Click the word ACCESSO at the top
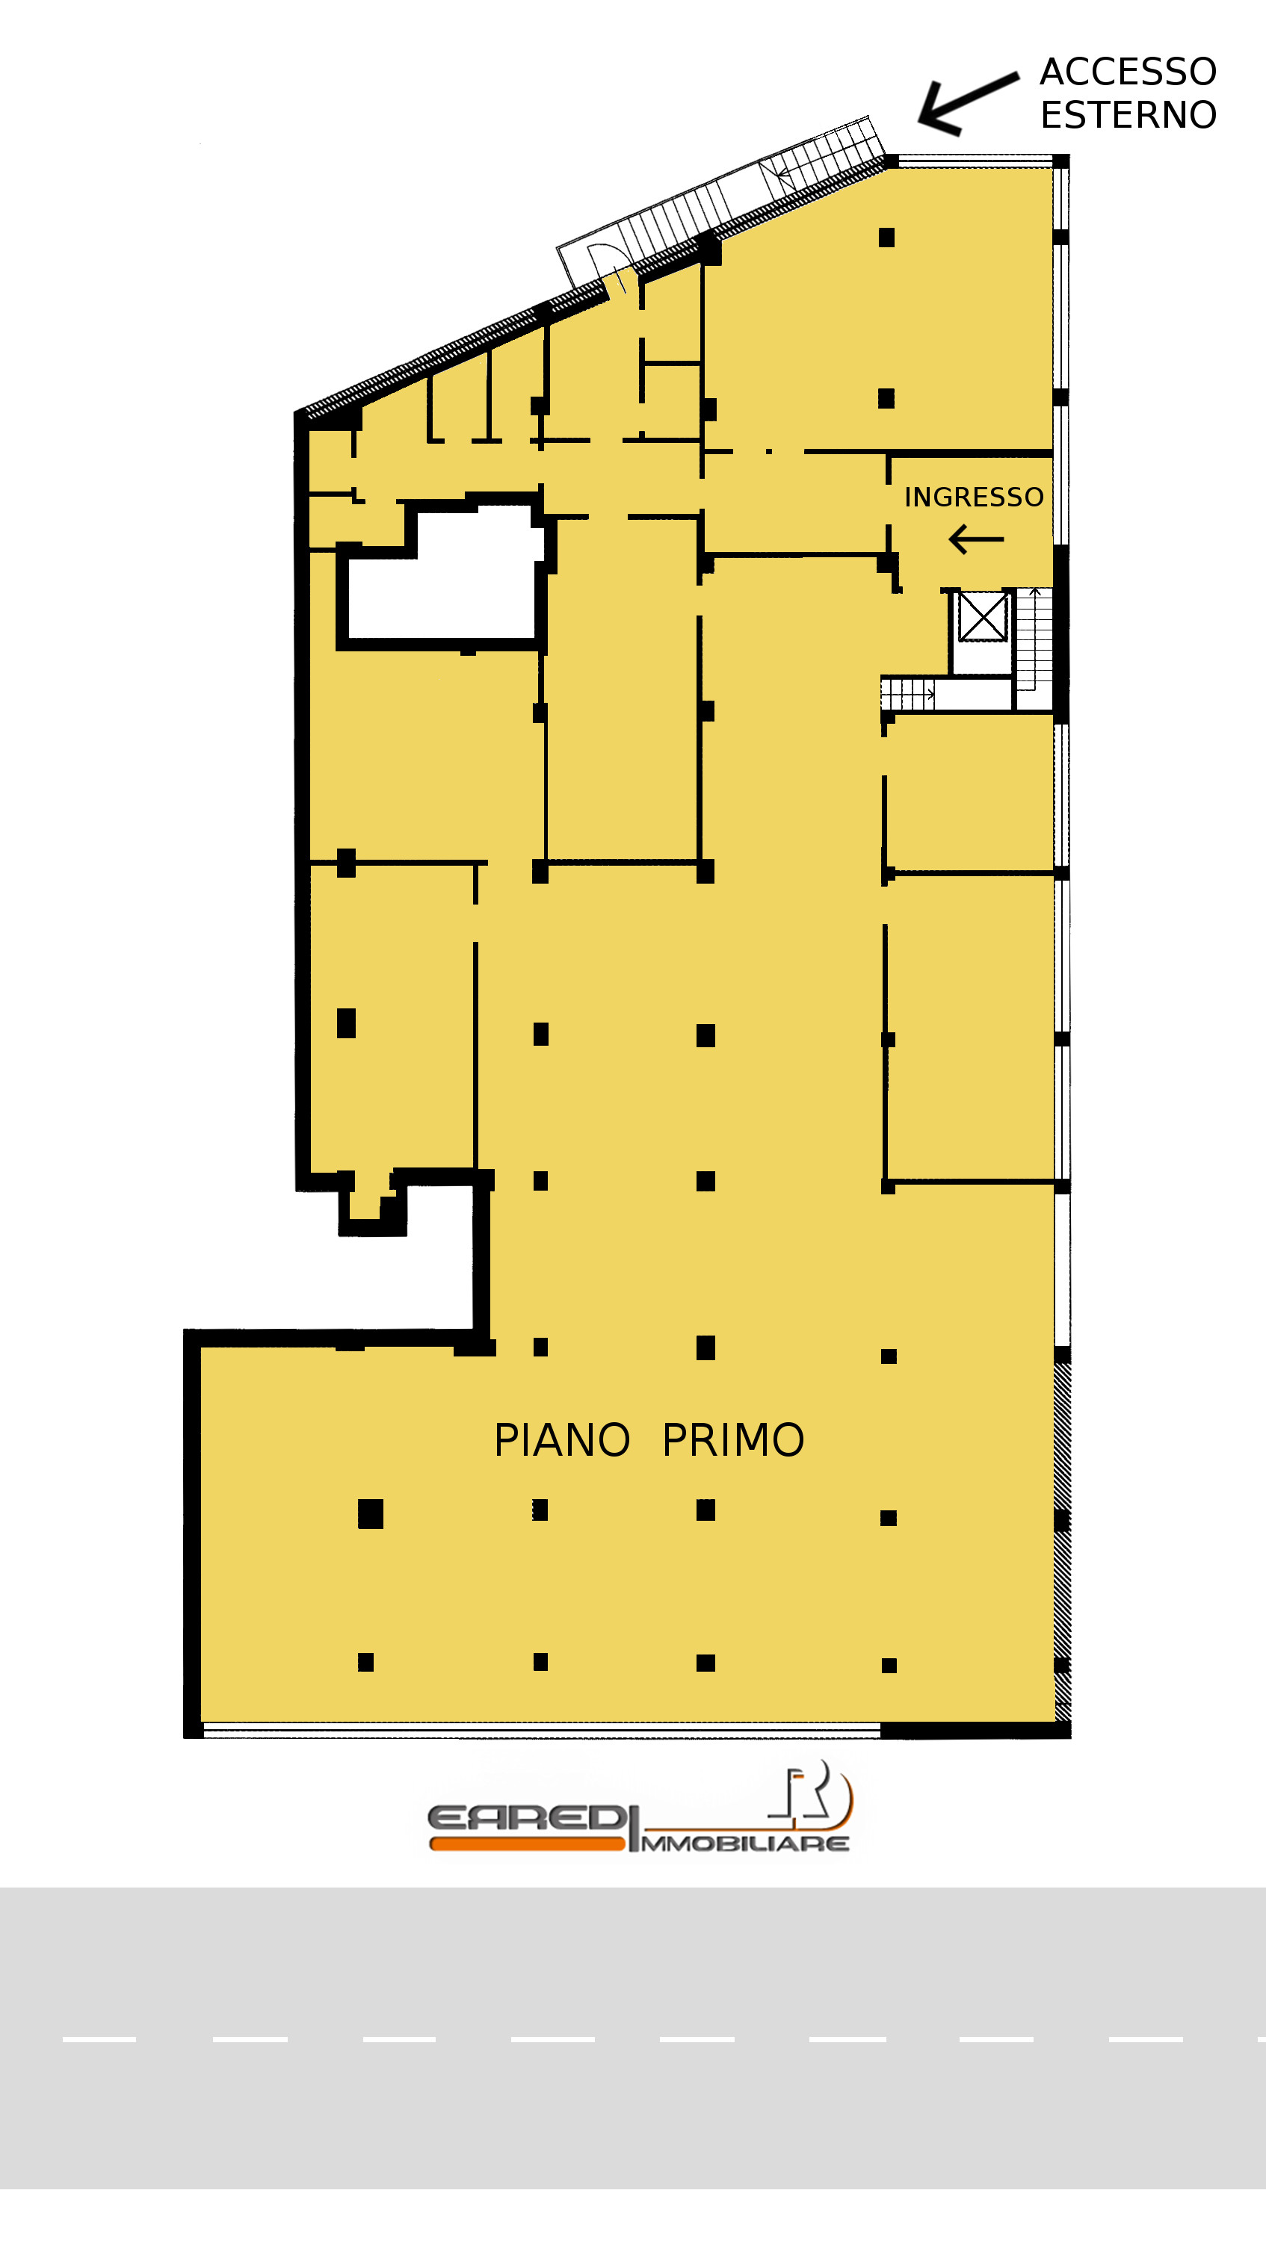(1128, 71)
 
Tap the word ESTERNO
(1128, 114)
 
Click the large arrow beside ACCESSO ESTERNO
(967, 104)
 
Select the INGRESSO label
(974, 497)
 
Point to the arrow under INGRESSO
(976, 539)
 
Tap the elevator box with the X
(982, 617)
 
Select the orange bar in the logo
(528, 1843)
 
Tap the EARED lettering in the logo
(525, 1817)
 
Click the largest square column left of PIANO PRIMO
(370, 1513)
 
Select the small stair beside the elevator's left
(907, 695)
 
